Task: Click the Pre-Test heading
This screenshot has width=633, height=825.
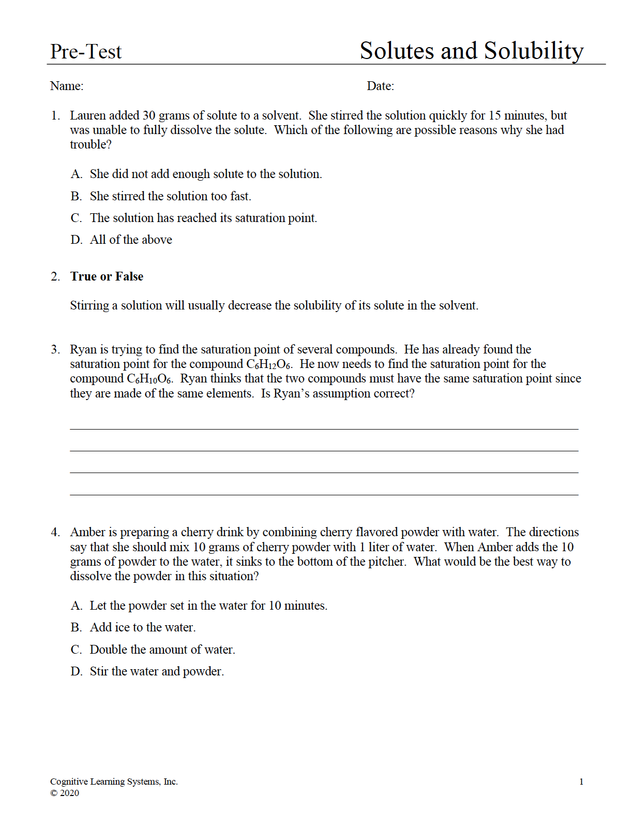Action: coord(86,52)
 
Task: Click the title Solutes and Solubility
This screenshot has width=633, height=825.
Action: coord(471,51)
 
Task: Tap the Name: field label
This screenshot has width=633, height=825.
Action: coord(67,86)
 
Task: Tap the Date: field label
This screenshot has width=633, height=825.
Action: coord(380,86)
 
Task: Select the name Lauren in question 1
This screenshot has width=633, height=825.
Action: coord(87,115)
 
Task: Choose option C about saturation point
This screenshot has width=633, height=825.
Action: coord(203,218)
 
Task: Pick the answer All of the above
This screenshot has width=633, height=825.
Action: coord(131,240)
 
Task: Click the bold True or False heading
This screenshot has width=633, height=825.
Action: coord(107,276)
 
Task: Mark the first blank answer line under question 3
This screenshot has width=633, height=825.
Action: coord(324,429)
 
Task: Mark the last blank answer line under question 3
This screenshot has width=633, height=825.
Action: coord(324,494)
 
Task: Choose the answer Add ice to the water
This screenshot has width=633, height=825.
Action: coord(143,627)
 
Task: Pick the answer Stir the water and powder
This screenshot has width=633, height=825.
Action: coord(157,671)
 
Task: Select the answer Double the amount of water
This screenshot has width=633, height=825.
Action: coord(162,650)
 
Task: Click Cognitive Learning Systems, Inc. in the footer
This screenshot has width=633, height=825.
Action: coord(114,782)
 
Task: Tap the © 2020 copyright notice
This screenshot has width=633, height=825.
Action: coord(65,793)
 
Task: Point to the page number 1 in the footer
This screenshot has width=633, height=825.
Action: coord(581,782)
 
